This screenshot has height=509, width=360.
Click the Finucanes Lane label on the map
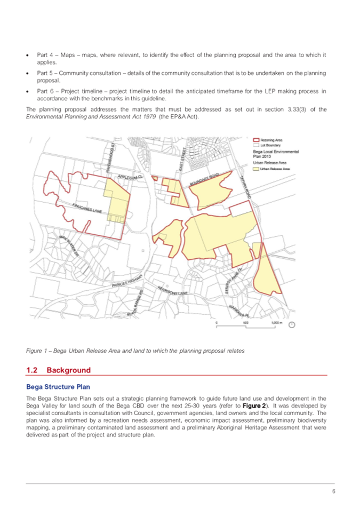87,208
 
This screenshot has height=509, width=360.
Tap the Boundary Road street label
205,179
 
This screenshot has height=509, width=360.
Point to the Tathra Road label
245,188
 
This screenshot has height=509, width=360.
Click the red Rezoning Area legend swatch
257,140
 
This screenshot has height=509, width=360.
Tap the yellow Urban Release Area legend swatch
257,168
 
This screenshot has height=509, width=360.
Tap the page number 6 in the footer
333,492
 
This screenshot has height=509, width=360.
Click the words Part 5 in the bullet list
44,73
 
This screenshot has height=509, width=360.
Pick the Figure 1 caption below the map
135,351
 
